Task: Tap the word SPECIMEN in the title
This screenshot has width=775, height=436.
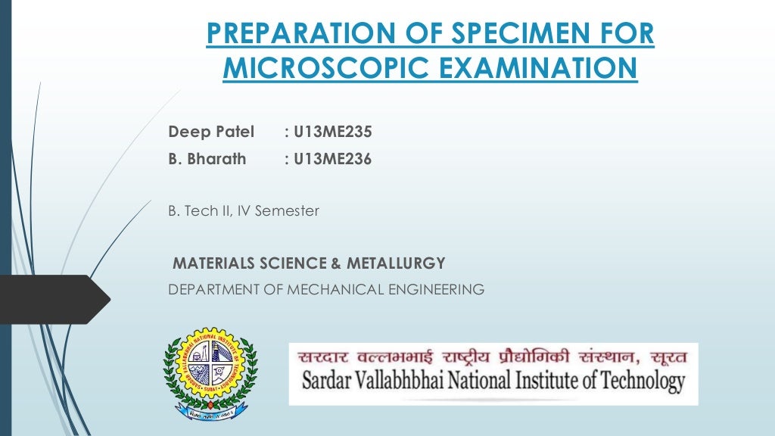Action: pyautogui.click(x=524, y=33)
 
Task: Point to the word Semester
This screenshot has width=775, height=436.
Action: pyautogui.click(x=287, y=211)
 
